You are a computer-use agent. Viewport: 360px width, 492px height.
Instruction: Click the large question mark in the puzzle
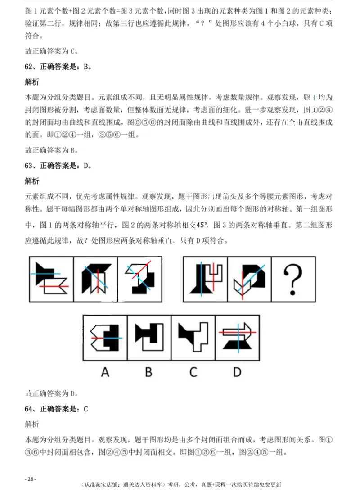(x=293, y=280)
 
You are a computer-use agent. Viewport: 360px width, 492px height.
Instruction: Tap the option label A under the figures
(x=105, y=372)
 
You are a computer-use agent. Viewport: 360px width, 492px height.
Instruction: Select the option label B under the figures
(x=149, y=372)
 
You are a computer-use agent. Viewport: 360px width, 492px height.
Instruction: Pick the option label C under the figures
(x=193, y=372)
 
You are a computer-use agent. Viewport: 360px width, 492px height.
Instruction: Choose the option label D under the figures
(x=237, y=372)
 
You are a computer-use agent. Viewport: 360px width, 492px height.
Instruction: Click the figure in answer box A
(x=105, y=338)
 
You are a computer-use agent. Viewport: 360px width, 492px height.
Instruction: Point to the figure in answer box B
(x=149, y=338)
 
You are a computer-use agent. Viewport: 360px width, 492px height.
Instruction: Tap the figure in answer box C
(x=193, y=338)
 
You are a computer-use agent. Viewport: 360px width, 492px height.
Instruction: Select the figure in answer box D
(x=237, y=338)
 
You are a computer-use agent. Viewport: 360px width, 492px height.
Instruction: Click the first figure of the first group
(x=51, y=279)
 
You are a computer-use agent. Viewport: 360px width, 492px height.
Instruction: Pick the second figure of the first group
(x=95, y=279)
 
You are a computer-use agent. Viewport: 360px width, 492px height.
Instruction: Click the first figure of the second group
(x=205, y=279)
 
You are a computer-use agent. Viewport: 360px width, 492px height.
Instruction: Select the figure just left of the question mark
(x=249, y=279)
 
